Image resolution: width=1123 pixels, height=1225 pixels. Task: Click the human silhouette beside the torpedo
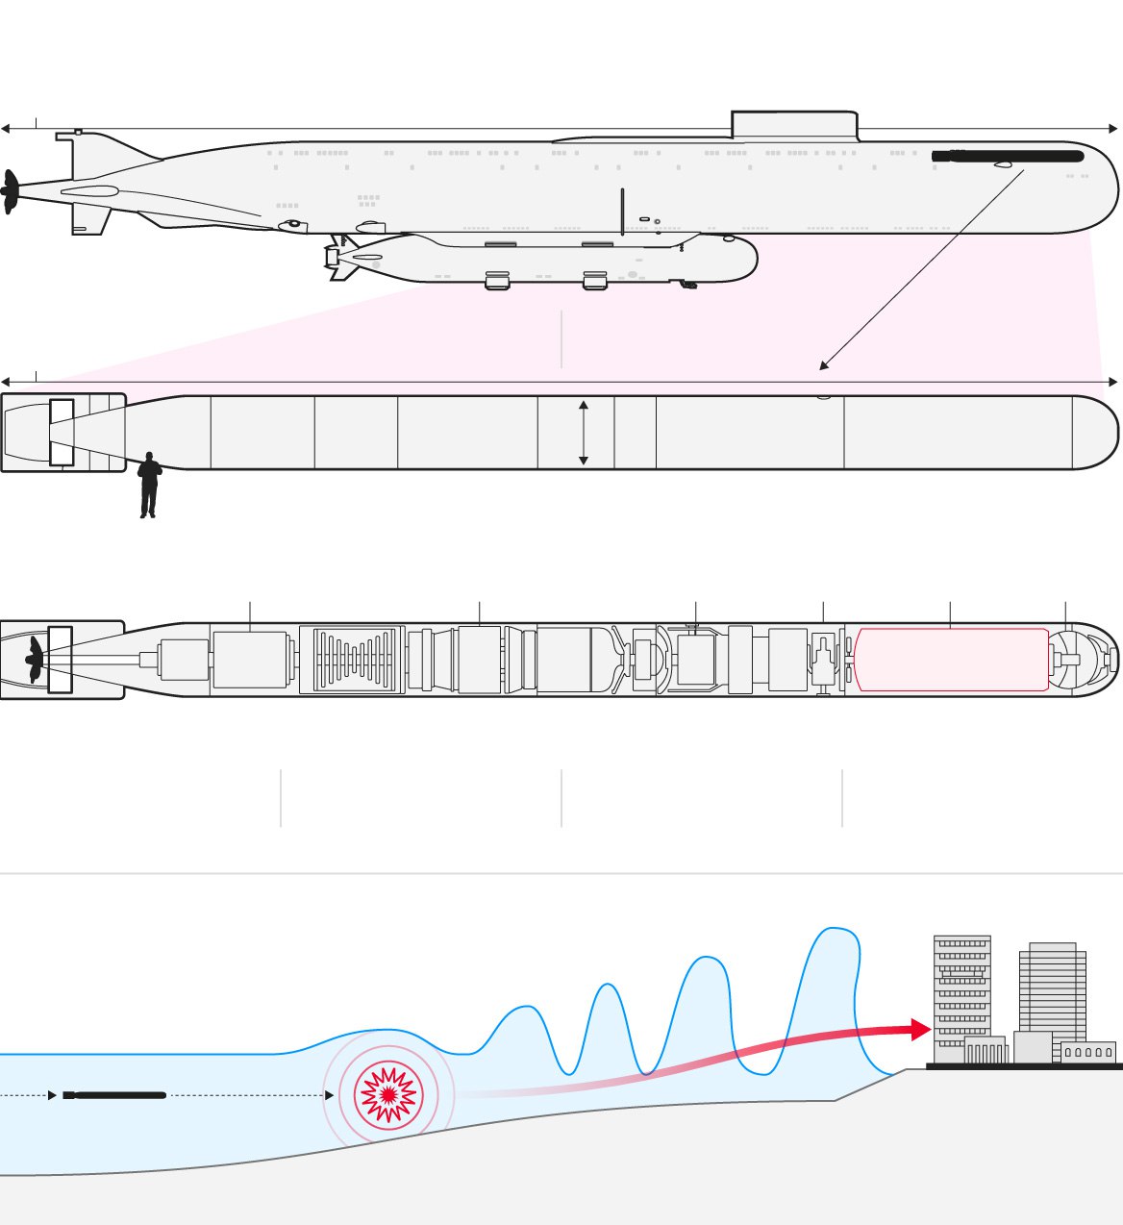coord(149,485)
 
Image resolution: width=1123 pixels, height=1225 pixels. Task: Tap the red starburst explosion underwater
coord(388,1094)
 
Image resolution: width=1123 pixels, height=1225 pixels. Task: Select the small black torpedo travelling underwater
coord(115,1095)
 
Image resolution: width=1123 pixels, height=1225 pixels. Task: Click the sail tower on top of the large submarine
coord(793,125)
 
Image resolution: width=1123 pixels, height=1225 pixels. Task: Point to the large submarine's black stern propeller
coord(11,192)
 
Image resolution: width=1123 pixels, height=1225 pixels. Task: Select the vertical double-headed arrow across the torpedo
coord(583,434)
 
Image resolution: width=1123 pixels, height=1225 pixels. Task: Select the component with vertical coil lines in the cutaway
coord(356,660)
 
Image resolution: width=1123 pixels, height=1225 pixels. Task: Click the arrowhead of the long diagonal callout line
coord(823,366)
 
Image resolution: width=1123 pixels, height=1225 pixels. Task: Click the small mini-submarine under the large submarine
coord(548,260)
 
